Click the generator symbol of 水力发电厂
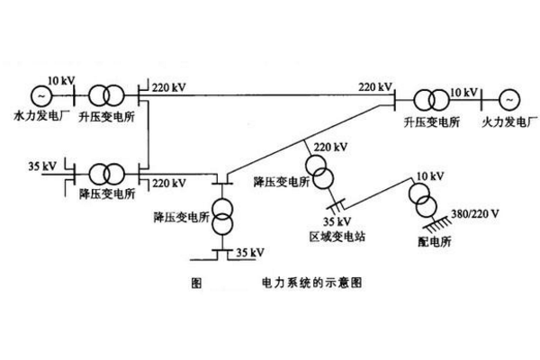coord(40,94)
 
